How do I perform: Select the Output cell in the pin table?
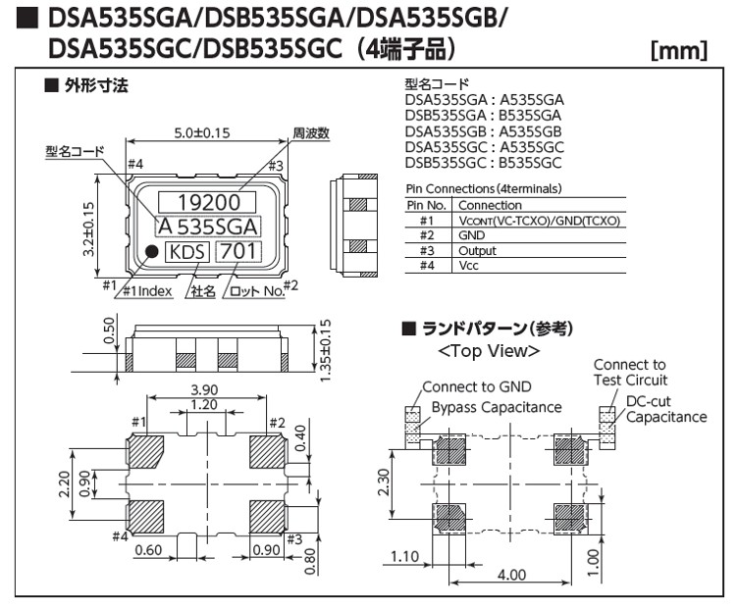pos(477,250)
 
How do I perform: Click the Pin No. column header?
pos(427,206)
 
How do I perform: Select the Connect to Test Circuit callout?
pos(631,372)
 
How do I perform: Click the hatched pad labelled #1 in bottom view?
pos(146,452)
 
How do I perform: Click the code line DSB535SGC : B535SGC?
pos(483,163)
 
